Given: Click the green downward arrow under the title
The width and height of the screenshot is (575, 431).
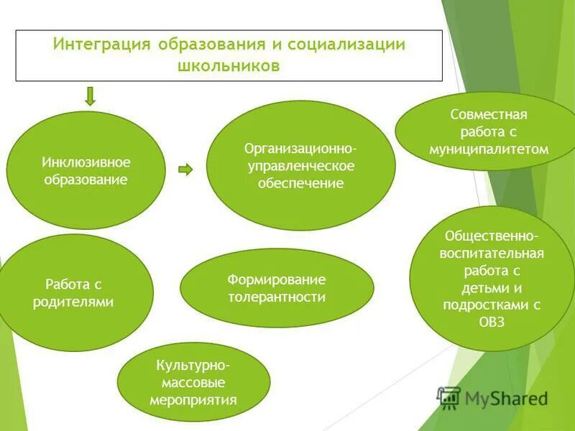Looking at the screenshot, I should (x=90, y=96).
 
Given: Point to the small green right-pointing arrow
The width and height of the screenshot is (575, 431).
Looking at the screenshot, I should (x=185, y=170).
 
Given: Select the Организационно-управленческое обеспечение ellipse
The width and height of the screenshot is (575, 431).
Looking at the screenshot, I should (x=300, y=165).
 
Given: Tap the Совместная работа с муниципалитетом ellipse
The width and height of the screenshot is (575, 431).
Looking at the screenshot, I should (x=489, y=132).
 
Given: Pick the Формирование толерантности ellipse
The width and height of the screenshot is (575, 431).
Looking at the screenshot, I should (x=277, y=288).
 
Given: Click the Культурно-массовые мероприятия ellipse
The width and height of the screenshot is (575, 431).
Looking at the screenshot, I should (x=193, y=381).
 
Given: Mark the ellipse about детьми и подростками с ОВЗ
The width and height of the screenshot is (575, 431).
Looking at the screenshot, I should (x=492, y=278).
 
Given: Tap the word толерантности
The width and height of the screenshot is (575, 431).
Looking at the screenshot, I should (x=277, y=297).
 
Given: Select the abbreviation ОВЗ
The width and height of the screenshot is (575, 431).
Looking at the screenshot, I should (x=492, y=322).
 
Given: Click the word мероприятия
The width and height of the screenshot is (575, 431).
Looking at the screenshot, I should (x=193, y=399).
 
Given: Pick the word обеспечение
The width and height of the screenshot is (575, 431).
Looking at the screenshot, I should (x=300, y=183).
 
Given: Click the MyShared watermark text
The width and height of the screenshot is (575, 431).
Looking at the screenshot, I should (x=506, y=398).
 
